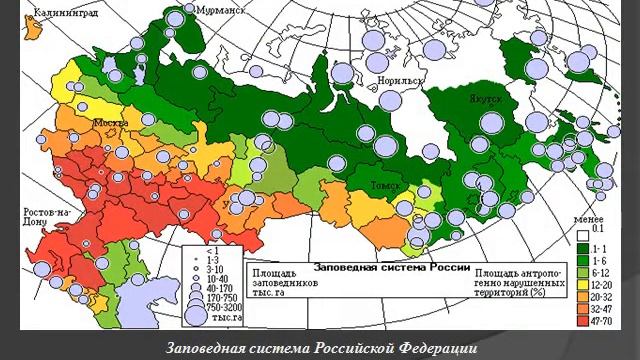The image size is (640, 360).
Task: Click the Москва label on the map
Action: point(111,123)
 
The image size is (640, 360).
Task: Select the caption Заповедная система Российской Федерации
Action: point(320,347)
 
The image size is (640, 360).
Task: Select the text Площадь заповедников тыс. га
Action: point(276,282)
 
